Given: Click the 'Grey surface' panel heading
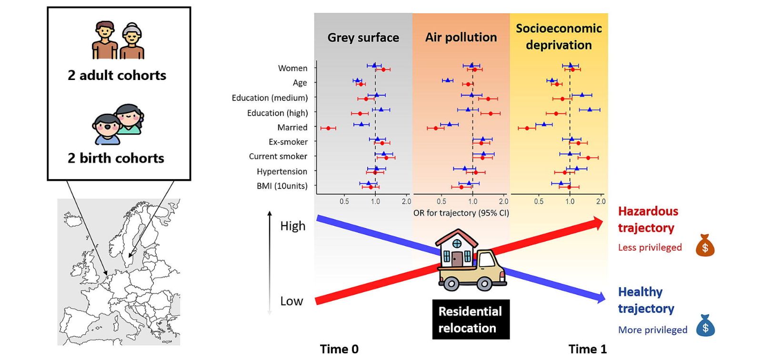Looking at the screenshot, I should coord(363,38).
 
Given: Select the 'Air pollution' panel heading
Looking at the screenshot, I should coord(461,37).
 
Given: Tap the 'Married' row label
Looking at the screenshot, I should coord(292,128).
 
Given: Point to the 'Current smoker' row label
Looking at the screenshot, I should coord(278,156).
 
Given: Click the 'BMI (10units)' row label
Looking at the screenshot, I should coord(282,186).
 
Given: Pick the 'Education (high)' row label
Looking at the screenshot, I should coord(277,113).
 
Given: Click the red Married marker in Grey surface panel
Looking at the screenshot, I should coord(328,128).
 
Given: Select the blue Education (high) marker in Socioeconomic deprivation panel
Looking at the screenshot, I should coord(590,110).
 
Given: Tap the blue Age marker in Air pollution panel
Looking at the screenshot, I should coord(447,80).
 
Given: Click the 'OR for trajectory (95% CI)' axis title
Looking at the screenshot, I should coord(461,213).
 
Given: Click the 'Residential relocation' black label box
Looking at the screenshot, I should coord(471,320).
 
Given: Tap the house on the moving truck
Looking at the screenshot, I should coord(456,248).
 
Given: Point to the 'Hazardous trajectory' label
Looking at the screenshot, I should coord(647,220).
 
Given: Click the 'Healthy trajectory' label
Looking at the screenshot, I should coord(645,300).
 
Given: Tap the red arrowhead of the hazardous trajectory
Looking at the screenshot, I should coord(597,223).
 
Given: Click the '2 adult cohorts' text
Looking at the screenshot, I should coord(117,75).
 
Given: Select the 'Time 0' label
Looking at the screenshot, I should coord(339,349).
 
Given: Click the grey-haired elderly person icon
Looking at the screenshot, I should coord(131,41).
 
